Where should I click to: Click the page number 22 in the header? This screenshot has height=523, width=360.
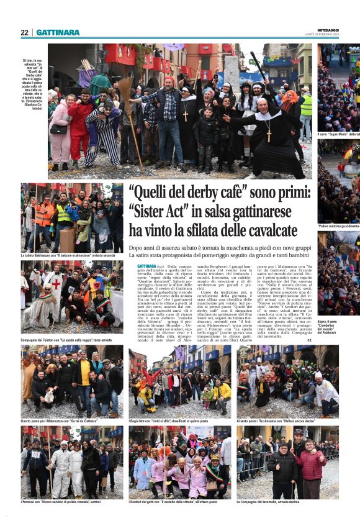coord(24,32)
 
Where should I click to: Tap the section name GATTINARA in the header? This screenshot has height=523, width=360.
coord(58,32)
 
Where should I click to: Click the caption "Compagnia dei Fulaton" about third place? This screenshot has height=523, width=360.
coord(66,340)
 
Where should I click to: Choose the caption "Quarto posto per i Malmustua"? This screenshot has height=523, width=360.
coord(59,421)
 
